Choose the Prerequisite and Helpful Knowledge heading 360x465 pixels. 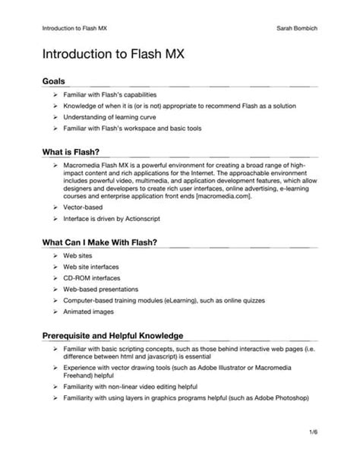point(112,334)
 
